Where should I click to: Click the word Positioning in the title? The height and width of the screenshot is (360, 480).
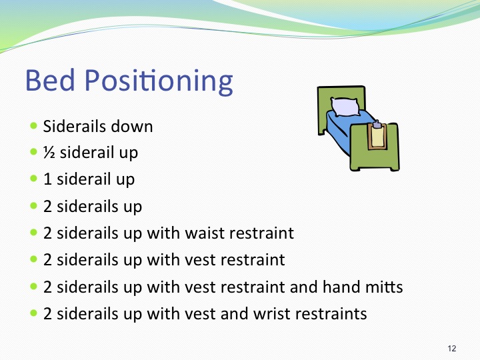(x=159, y=81)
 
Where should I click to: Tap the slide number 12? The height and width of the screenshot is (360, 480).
(x=451, y=349)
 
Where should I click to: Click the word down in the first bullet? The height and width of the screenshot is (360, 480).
(x=133, y=126)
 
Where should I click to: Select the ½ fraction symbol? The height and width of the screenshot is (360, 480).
(x=49, y=153)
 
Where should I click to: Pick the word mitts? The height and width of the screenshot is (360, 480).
(x=385, y=287)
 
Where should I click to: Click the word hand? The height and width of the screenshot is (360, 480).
(x=345, y=287)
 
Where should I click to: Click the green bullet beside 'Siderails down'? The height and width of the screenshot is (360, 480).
(x=33, y=125)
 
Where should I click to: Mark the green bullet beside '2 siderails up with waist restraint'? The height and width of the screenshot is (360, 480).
(x=33, y=233)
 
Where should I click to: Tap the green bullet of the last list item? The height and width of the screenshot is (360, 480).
(x=33, y=313)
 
